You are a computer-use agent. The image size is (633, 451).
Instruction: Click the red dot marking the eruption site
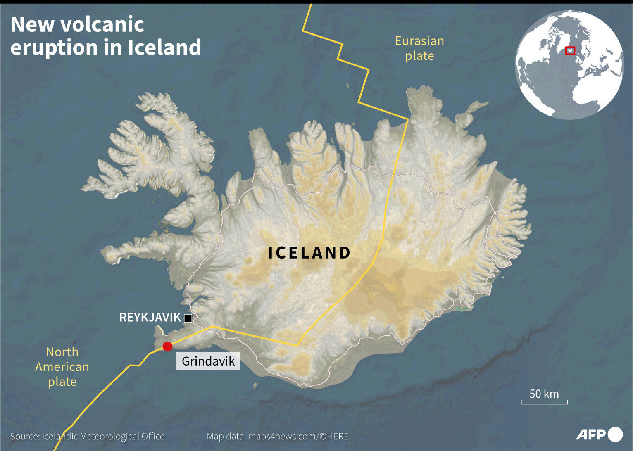[x=167, y=347]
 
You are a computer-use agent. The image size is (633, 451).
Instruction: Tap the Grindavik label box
[x=208, y=361]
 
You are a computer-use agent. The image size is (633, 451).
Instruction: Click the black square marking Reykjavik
[x=188, y=318]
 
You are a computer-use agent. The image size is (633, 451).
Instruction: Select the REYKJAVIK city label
[x=150, y=317]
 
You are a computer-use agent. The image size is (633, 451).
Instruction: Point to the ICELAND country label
[x=309, y=253]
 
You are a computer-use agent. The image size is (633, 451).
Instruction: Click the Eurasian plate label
[x=419, y=48]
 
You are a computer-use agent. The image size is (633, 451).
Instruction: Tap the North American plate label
[x=62, y=367]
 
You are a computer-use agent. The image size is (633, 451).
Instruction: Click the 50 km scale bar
[x=544, y=401]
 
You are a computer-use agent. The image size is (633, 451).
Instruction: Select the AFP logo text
[x=591, y=434]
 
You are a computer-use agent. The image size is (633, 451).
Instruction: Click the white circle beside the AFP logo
[x=615, y=434]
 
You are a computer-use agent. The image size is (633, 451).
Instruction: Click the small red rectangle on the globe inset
[x=570, y=50]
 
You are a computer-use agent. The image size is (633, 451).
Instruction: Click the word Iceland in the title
[x=164, y=47]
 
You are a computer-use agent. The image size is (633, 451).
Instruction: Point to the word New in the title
[x=32, y=25]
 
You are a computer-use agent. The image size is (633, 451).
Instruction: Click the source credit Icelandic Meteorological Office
[x=103, y=437]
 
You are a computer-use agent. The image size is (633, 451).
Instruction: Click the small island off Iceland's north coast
[x=347, y=85]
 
